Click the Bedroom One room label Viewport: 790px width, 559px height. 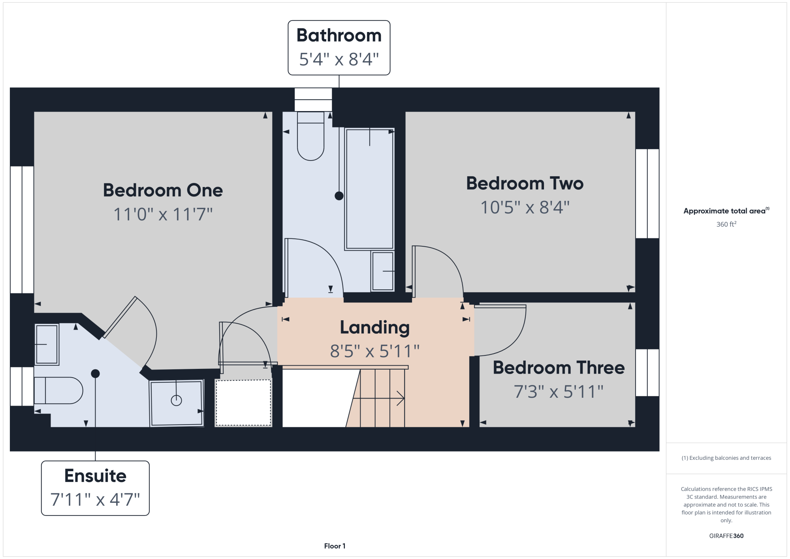coord(163,190)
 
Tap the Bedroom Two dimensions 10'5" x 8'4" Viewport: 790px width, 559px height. coord(525,207)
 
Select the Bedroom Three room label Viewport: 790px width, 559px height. coord(559,368)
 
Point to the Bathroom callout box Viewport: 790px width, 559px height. coord(339,47)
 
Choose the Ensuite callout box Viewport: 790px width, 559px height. coord(95,488)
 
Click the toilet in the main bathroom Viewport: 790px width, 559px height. coord(311,136)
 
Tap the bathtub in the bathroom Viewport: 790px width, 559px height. coord(370,189)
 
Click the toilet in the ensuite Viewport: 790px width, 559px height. coord(58,391)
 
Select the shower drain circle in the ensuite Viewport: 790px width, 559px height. coord(176,400)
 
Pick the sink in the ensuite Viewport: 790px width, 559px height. coord(47,344)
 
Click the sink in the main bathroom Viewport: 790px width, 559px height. coord(383,271)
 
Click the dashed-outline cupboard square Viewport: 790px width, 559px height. coord(243,403)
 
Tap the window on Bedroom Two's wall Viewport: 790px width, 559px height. coord(647,194)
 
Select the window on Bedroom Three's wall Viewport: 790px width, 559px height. coord(647,372)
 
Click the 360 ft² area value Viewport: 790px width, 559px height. coord(726,224)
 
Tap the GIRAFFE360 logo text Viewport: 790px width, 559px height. coord(726,536)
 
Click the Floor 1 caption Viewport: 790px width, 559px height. coord(335,546)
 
